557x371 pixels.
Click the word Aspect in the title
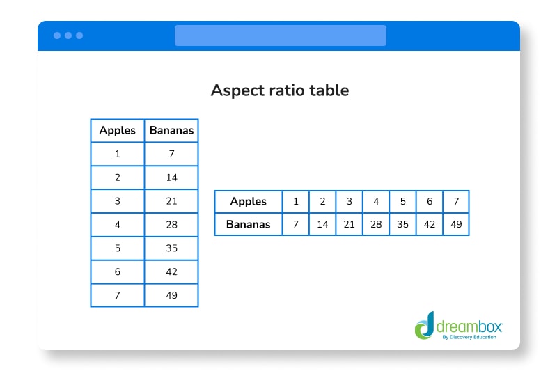233,90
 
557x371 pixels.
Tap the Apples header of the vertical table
117,130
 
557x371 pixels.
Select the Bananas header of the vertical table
171,130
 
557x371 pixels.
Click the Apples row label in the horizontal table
248,201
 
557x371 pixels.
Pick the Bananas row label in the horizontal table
248,224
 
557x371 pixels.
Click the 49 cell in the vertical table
171,295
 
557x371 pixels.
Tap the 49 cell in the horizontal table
456,224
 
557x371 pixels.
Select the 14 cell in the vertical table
171,177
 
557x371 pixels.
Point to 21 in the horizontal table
349,224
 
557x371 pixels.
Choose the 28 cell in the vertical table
171,225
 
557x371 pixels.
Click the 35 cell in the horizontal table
402,224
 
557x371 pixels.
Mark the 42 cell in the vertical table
171,271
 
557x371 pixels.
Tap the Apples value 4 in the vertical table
117,225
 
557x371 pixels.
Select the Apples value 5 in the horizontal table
402,201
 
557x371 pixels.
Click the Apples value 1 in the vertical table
117,154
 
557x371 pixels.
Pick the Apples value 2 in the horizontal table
322,201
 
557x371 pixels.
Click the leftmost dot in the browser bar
57,35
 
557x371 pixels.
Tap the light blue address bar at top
280,35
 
